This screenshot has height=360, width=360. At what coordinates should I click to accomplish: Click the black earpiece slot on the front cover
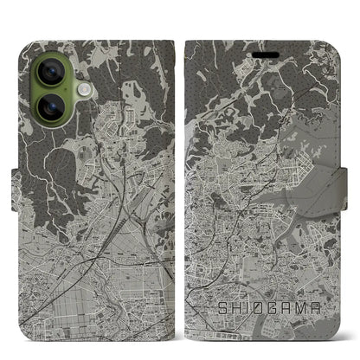coord(265,51)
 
